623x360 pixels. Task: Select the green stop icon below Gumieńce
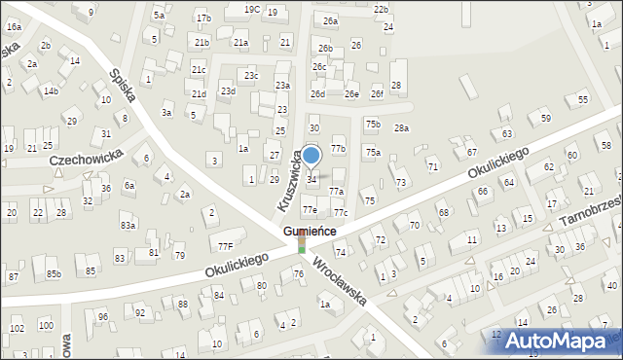point(302,246)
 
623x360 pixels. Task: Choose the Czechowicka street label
point(86,155)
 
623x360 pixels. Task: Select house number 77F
point(225,247)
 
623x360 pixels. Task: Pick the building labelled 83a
point(128,225)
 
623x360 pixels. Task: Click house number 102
point(17,328)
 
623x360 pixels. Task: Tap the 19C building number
point(251,9)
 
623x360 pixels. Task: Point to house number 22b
point(381,9)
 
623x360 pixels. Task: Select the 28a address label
point(401,127)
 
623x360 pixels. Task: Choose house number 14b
point(50,90)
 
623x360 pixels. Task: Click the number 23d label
point(228,90)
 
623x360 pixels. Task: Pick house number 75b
point(372,124)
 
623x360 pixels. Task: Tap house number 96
point(102,316)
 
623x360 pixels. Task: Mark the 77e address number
point(309,209)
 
